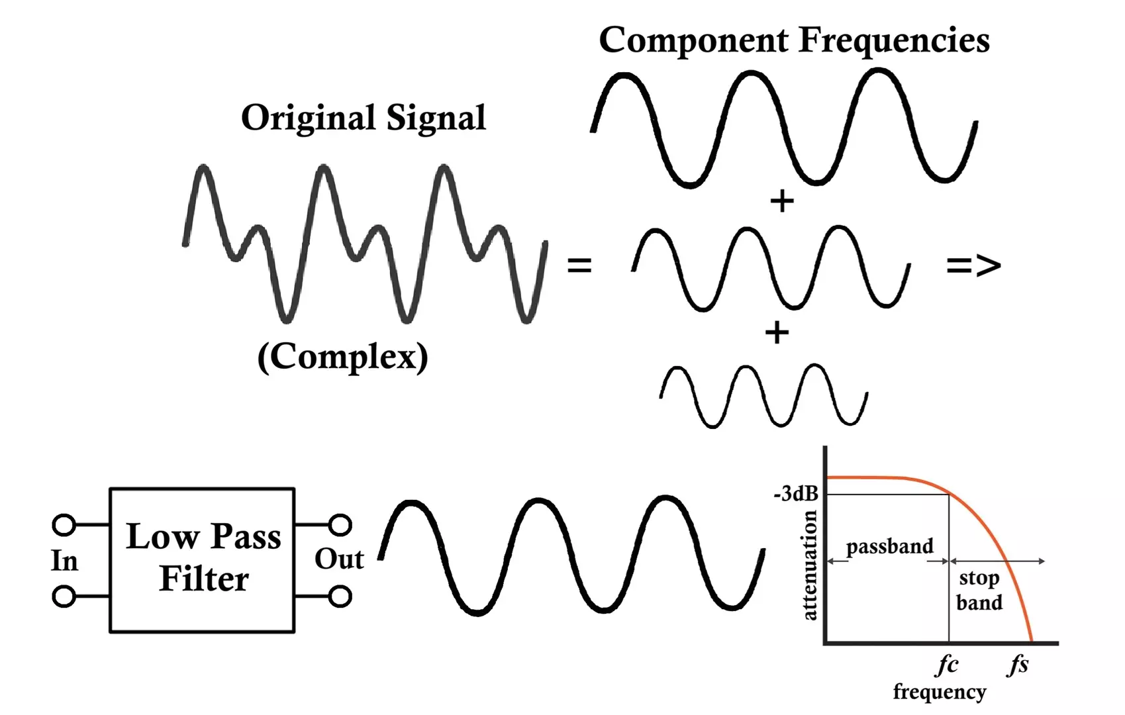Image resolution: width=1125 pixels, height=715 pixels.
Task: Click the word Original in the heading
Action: click(x=309, y=119)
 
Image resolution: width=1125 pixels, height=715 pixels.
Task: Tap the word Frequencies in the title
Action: click(x=895, y=40)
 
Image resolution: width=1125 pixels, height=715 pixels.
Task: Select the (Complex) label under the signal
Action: click(x=342, y=357)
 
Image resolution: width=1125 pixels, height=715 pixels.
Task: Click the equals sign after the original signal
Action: click(x=579, y=265)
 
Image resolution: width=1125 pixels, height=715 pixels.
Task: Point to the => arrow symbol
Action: click(x=973, y=265)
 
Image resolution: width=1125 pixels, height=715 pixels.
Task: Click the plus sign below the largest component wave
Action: click(x=782, y=201)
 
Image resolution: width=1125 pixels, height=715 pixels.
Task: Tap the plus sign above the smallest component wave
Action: click(x=777, y=332)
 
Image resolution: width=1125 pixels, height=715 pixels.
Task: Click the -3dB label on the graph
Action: click(x=796, y=494)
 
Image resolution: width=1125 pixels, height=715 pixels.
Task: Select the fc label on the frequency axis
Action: click(x=948, y=665)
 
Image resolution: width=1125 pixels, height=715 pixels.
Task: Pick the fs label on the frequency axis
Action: click(x=1018, y=665)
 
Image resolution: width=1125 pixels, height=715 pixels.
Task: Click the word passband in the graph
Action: click(x=889, y=547)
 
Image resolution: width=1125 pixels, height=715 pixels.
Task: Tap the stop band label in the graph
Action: click(x=979, y=590)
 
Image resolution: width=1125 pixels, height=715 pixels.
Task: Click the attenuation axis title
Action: click(x=809, y=565)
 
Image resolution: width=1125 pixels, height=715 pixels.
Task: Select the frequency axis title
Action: click(x=940, y=692)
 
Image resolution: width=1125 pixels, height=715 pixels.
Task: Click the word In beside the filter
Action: click(x=65, y=560)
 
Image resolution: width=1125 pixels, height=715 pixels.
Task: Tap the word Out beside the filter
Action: click(x=339, y=559)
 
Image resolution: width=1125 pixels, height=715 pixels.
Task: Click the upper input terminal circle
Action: click(x=64, y=525)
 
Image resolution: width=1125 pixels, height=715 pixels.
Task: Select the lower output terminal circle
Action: click(x=340, y=596)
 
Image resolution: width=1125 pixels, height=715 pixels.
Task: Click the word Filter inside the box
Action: click(x=204, y=579)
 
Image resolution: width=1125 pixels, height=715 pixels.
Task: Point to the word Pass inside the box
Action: click(x=246, y=537)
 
